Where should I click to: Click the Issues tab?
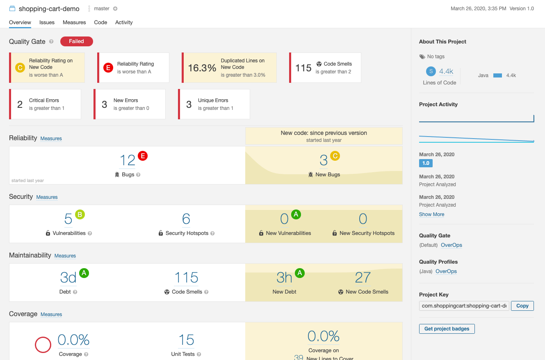[x=47, y=23]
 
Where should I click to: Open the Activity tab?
[x=124, y=23]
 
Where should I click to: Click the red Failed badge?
[x=77, y=41]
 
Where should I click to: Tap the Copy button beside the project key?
[x=522, y=306]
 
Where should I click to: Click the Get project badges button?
[x=447, y=329]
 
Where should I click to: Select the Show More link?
[x=431, y=214]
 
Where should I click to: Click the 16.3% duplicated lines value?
[x=202, y=68]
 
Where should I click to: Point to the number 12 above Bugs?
[x=128, y=160]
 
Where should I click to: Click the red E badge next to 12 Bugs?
[x=143, y=156]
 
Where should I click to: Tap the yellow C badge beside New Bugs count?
[x=335, y=156]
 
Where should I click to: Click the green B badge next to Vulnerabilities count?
[x=80, y=214]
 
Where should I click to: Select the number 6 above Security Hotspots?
[x=186, y=219]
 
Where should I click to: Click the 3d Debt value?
[x=68, y=278]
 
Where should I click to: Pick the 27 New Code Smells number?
[x=363, y=278]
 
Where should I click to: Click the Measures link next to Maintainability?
[x=65, y=256]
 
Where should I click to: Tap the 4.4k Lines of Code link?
[x=446, y=71]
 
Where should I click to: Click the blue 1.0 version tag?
[x=426, y=163]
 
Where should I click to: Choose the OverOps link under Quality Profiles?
[x=446, y=271]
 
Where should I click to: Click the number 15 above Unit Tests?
[x=186, y=340]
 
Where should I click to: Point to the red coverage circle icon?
[x=43, y=345]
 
